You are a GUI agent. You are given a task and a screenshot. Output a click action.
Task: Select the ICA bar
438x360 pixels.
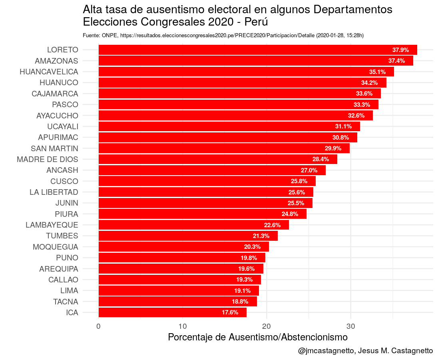(172, 312)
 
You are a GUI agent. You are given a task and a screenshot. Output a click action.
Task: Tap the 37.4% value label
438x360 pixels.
(396, 61)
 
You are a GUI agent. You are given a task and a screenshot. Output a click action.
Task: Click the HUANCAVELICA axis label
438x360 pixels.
(49, 72)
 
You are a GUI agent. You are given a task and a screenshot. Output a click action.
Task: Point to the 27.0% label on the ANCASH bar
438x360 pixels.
(309, 170)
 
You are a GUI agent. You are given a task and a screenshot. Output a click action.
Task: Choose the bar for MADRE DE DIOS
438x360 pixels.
(218, 159)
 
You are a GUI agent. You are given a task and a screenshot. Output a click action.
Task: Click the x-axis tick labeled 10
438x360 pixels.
(183, 326)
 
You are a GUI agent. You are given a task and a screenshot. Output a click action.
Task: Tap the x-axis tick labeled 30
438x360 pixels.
(350, 326)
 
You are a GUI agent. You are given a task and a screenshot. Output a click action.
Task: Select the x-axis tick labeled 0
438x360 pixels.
(98, 326)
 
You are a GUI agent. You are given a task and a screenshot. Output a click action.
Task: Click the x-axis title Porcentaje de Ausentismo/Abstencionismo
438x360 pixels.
(258, 337)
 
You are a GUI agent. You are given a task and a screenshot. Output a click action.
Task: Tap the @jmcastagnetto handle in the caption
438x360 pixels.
(325, 351)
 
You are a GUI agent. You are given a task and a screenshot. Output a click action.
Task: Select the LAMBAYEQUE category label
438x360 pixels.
(52, 225)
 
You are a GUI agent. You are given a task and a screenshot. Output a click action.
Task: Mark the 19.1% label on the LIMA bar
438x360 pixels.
(242, 290)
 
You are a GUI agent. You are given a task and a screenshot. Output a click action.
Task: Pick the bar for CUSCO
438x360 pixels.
(207, 181)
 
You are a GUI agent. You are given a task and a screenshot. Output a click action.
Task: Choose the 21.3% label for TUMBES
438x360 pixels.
(261, 236)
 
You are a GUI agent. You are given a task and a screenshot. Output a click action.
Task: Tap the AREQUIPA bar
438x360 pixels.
(181, 269)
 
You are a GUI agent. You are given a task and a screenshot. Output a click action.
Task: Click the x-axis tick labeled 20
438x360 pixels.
(267, 326)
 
